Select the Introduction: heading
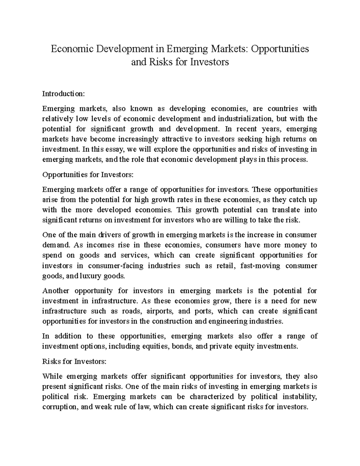pyautogui.click(x=64, y=94)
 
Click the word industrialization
pyautogui.click(x=243, y=119)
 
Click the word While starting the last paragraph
pyautogui.click(x=52, y=377)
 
